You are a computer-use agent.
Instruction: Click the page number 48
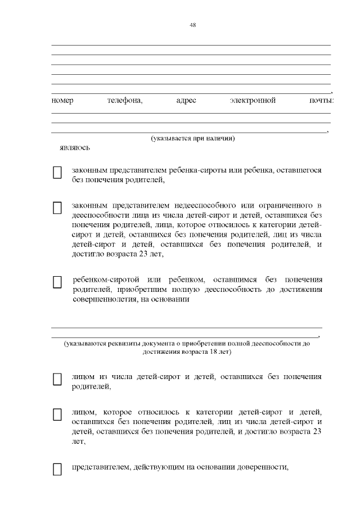(192, 25)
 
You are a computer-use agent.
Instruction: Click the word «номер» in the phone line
(62, 101)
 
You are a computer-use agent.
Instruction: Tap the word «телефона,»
(125, 101)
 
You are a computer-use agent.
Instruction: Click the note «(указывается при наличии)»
(192, 138)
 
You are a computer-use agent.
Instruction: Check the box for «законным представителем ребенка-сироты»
(57, 173)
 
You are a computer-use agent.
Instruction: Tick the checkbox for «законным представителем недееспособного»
(57, 208)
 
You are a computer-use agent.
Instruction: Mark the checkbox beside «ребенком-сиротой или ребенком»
(57, 282)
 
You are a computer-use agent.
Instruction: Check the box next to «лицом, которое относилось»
(57, 415)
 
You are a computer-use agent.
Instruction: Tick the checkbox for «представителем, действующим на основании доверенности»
(57, 469)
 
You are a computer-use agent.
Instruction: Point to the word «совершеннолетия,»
(102, 300)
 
